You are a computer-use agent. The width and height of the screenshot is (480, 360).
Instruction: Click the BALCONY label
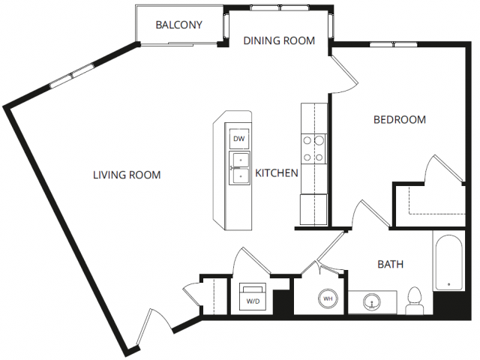[178, 25]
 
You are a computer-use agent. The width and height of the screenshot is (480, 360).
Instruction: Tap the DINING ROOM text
[279, 40]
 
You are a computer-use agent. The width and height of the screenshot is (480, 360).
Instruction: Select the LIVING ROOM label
[127, 175]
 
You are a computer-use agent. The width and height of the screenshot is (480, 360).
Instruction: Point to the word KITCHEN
[277, 173]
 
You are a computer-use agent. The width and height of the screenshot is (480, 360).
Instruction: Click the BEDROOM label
[400, 120]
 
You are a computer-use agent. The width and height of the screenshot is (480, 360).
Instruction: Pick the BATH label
[390, 264]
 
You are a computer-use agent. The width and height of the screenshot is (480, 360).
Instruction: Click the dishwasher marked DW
[239, 139]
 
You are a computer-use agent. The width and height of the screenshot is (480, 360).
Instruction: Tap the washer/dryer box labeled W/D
[253, 296]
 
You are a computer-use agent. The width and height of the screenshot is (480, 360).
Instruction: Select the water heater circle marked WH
[328, 298]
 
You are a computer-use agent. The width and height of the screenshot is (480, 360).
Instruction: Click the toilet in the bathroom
[415, 300]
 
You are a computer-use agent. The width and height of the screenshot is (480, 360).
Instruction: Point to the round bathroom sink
[372, 302]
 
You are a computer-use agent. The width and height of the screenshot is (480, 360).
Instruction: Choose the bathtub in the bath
[448, 262]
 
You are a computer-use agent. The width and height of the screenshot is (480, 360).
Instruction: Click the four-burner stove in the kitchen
[313, 148]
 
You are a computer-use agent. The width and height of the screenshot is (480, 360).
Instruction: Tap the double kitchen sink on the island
[239, 168]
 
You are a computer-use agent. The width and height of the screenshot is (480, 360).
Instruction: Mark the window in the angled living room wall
[72, 76]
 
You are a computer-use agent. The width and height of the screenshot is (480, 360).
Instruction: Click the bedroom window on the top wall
[393, 45]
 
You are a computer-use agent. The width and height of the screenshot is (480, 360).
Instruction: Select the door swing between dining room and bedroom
[343, 74]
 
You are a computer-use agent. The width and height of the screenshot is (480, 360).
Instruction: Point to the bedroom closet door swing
[443, 169]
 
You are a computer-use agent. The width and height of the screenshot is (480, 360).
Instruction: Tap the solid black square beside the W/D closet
[281, 301]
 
